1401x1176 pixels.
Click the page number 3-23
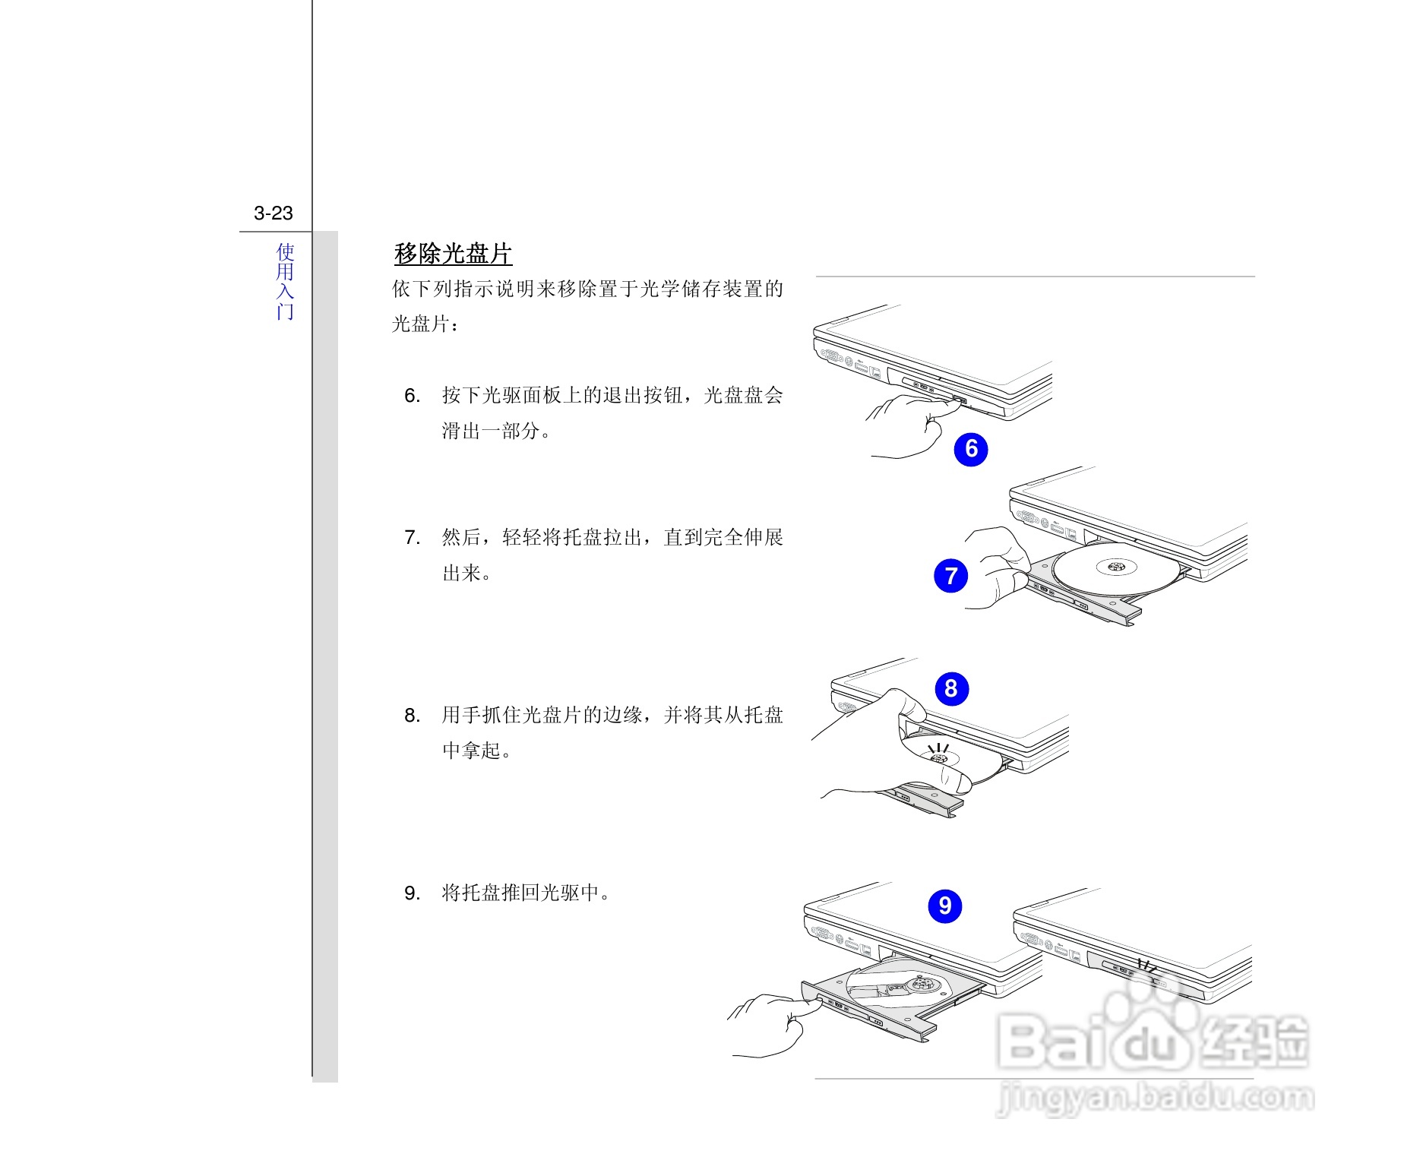coord(274,213)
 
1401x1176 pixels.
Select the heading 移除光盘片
coord(453,254)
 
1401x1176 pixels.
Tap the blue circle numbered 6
coord(971,449)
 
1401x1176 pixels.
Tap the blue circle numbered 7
coord(950,576)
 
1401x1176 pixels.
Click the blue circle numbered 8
coord(951,689)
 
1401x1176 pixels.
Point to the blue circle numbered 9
coord(945,906)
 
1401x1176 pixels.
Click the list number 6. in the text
coord(412,396)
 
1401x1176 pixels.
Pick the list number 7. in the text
coord(412,538)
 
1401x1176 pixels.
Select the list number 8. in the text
coord(412,716)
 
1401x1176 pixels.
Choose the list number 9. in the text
coord(412,893)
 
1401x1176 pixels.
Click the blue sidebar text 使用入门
coord(285,281)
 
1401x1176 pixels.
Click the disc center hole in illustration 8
coord(938,758)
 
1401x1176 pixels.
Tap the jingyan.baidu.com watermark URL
coord(1155,1097)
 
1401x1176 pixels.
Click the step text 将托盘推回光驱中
coord(526,893)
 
